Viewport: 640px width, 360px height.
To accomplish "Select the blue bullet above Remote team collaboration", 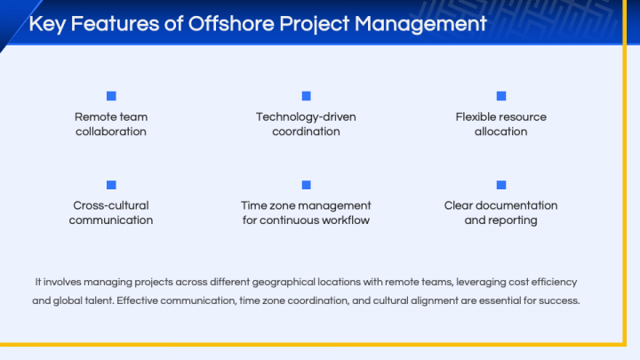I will (x=111, y=96).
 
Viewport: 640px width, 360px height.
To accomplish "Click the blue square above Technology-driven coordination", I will (x=306, y=96).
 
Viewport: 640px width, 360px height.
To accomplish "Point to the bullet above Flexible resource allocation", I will (x=500, y=96).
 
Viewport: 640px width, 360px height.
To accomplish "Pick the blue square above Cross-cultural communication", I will (x=111, y=185).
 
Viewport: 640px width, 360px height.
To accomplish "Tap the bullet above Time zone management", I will (x=306, y=185).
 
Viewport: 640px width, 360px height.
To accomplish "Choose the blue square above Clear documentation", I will (x=500, y=185).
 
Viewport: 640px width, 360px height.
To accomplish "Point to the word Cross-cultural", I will (x=111, y=205).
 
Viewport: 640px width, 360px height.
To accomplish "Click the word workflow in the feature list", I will (x=347, y=220).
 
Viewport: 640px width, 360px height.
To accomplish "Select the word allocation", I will (x=500, y=132).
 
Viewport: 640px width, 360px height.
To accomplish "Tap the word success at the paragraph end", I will (x=560, y=300).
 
